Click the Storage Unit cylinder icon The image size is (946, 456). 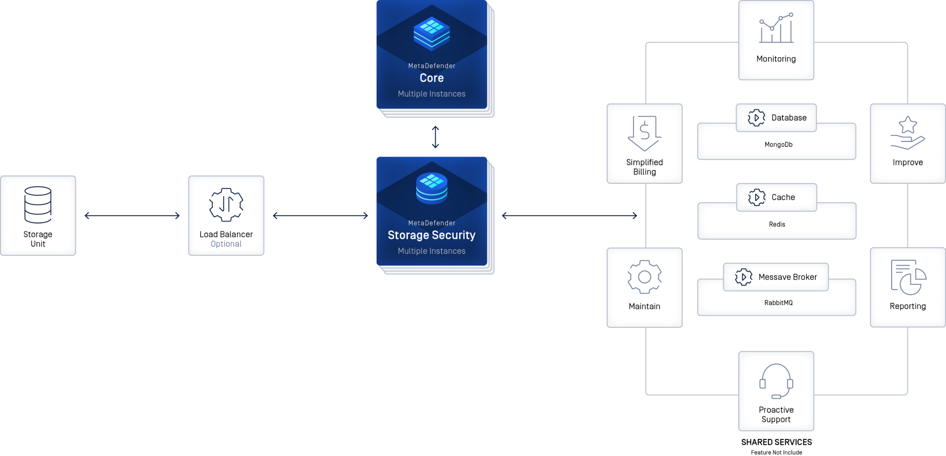(x=38, y=205)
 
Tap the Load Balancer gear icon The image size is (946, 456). (x=226, y=205)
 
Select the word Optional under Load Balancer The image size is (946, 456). (x=226, y=244)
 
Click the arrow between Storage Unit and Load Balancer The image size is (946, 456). (x=132, y=216)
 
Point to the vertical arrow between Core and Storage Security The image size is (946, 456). (x=435, y=137)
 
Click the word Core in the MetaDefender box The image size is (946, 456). (x=431, y=78)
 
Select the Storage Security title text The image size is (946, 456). (x=431, y=235)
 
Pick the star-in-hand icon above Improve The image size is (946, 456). (x=907, y=133)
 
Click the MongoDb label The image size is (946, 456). (x=779, y=145)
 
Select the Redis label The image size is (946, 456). (x=777, y=225)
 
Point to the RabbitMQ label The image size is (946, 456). (x=779, y=303)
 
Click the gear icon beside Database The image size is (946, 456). (x=756, y=118)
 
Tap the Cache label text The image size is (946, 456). (x=783, y=197)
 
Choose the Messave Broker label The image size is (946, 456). (x=787, y=277)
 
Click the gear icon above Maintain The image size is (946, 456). (x=644, y=277)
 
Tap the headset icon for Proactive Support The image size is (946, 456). (x=776, y=381)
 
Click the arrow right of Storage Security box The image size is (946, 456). (x=569, y=216)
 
